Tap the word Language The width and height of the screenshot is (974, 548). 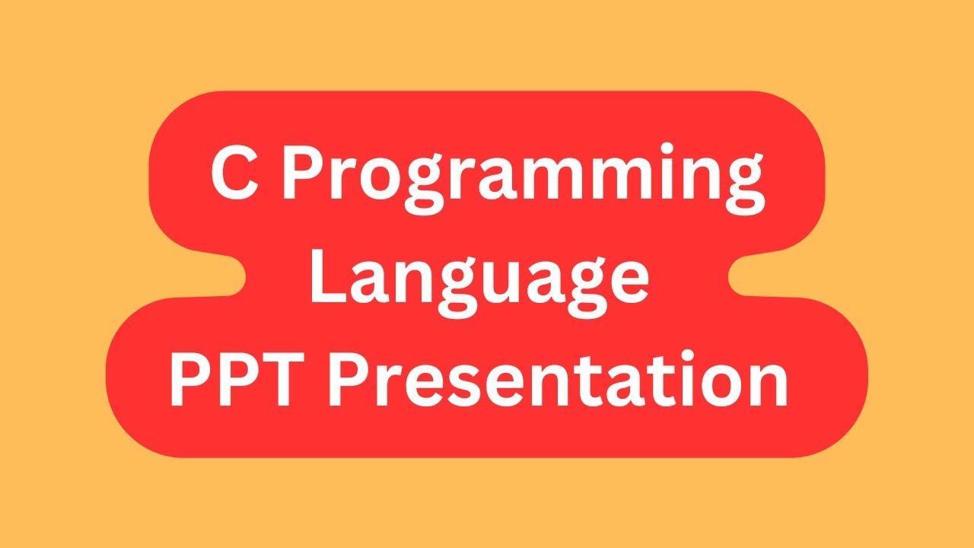[x=479, y=279]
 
